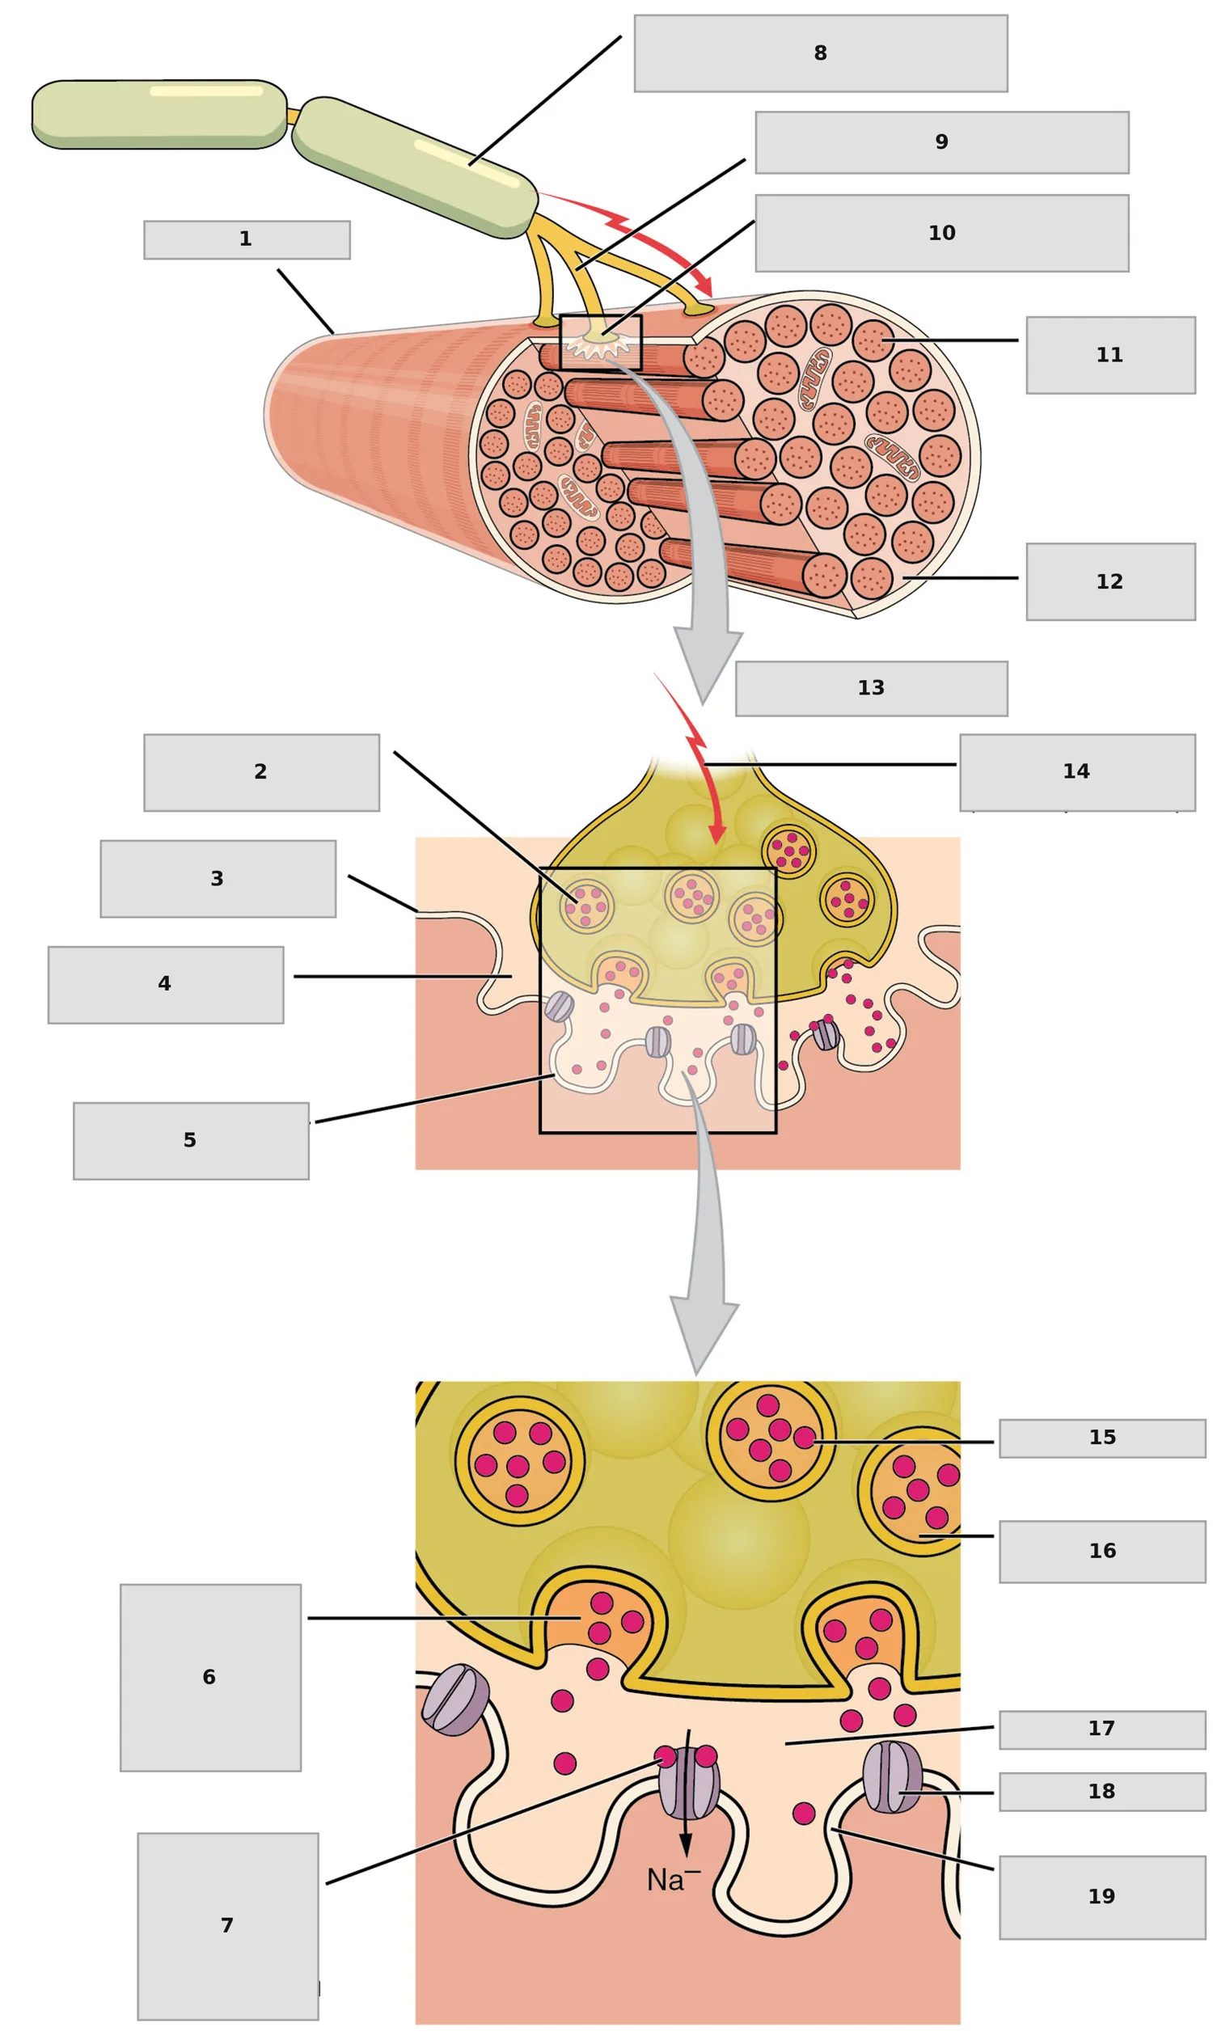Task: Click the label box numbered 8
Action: point(821,53)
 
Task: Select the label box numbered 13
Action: point(871,688)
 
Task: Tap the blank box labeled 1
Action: point(247,239)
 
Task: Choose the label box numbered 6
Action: point(211,1677)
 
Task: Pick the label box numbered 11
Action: point(1111,356)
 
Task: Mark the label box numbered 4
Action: point(166,985)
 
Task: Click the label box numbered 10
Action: point(941,233)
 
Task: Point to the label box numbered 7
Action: point(228,1925)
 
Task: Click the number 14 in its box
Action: point(1076,771)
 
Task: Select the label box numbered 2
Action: point(261,772)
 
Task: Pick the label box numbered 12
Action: point(1111,582)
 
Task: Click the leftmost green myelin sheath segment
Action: point(159,115)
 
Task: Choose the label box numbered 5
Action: point(192,1141)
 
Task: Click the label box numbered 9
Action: point(941,143)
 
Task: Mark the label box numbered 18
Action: point(1103,1792)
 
